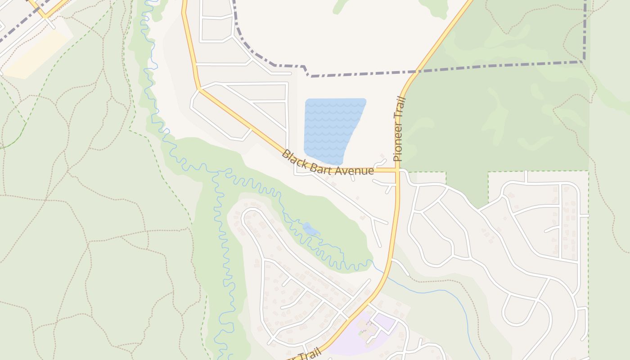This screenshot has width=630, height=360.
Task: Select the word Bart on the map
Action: [x=321, y=166]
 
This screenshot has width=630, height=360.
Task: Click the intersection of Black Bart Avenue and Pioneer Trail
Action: [x=397, y=170]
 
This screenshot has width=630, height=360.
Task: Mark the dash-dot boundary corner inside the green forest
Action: [x=585, y=61]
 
